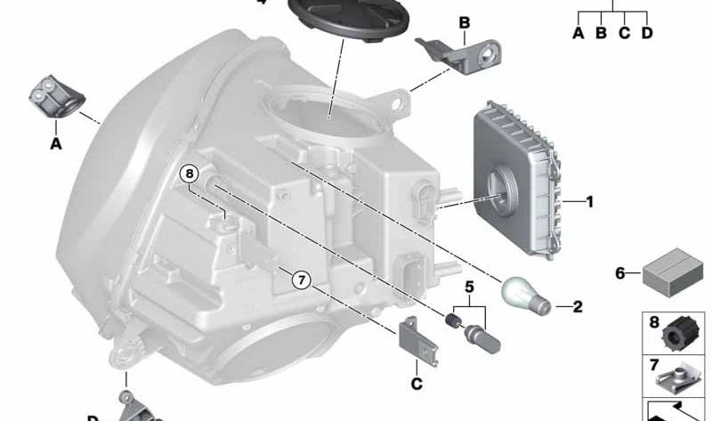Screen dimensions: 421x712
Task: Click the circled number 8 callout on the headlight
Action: [190, 174]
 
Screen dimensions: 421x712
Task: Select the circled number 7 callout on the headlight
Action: [301, 279]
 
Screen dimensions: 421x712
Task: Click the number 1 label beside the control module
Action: [589, 203]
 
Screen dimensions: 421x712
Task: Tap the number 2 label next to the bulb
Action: [578, 308]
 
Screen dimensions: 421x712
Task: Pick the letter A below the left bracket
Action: [55, 142]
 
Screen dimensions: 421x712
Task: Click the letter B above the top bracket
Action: [464, 21]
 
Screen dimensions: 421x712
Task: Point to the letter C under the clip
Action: [416, 384]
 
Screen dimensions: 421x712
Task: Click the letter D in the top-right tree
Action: [647, 33]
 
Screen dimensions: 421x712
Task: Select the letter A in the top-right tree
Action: [578, 33]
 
